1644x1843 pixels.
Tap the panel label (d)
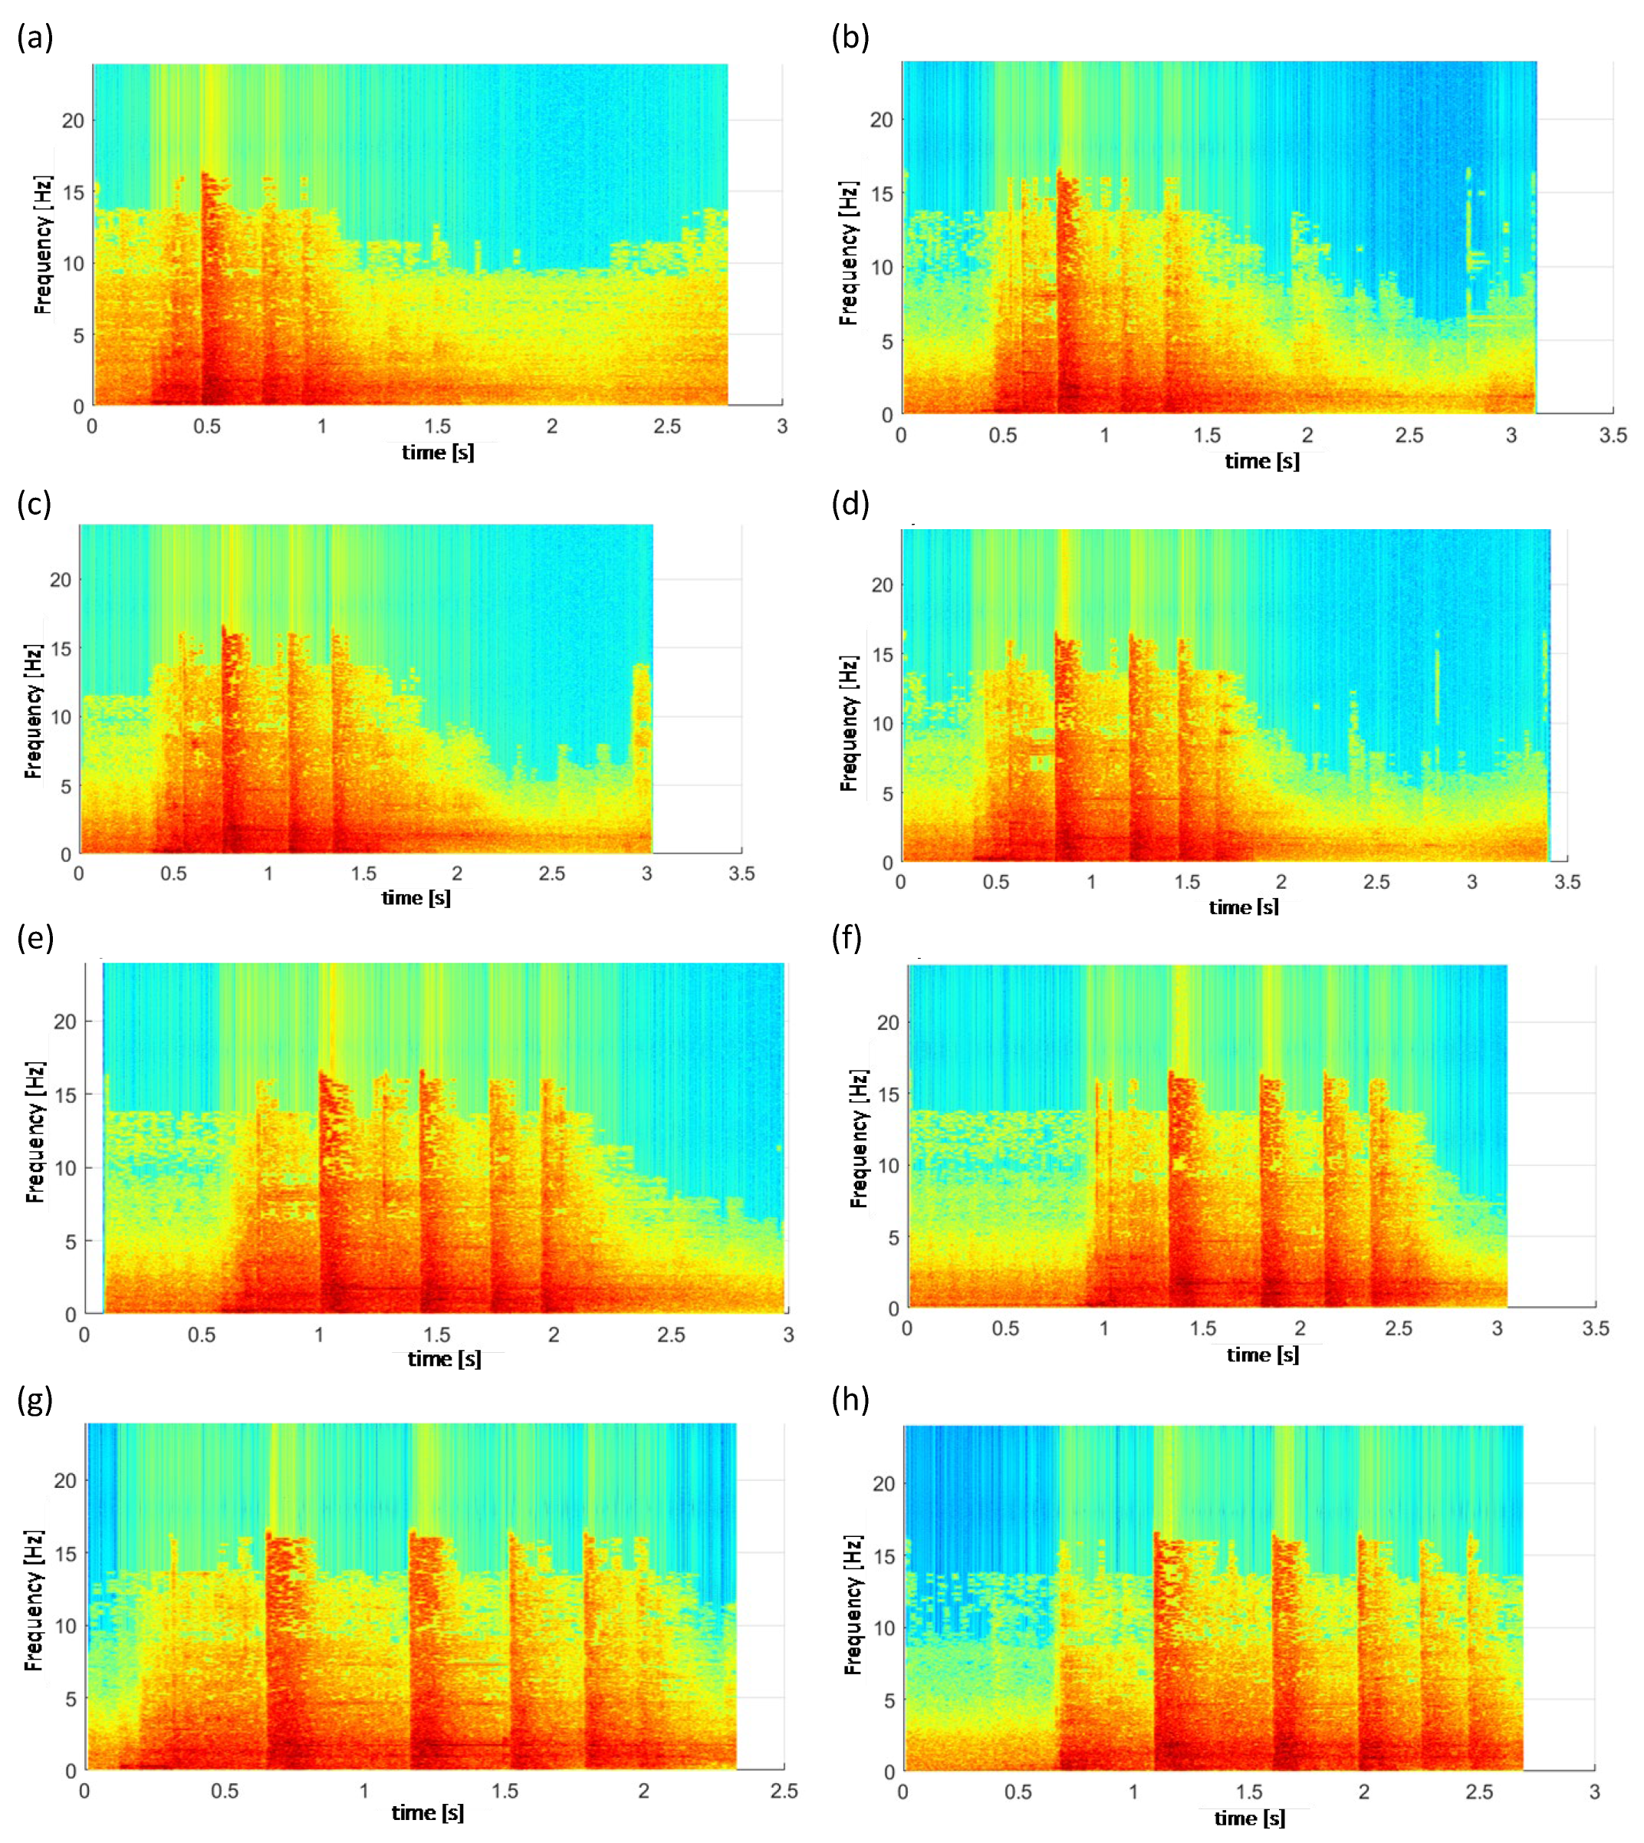850,503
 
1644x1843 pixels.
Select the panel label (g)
35,1400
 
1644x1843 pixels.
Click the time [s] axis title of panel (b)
1262,462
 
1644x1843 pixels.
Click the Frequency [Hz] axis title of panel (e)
35,1131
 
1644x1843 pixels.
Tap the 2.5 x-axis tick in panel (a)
666,426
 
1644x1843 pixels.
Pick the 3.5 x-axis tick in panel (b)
1613,436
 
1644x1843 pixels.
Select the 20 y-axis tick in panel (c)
61,580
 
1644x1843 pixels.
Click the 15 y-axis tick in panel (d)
883,654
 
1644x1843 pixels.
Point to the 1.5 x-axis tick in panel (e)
436,1335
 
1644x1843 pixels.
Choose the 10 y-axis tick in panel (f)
889,1166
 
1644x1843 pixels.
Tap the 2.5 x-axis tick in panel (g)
783,1791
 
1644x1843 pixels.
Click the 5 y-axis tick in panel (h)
889,1700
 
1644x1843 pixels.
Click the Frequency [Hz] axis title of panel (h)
853,1604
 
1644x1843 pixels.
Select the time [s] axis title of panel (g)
427,1813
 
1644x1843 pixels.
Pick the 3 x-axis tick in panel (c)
646,874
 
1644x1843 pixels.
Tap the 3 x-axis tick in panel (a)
781,426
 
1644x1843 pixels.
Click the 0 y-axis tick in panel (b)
887,415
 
